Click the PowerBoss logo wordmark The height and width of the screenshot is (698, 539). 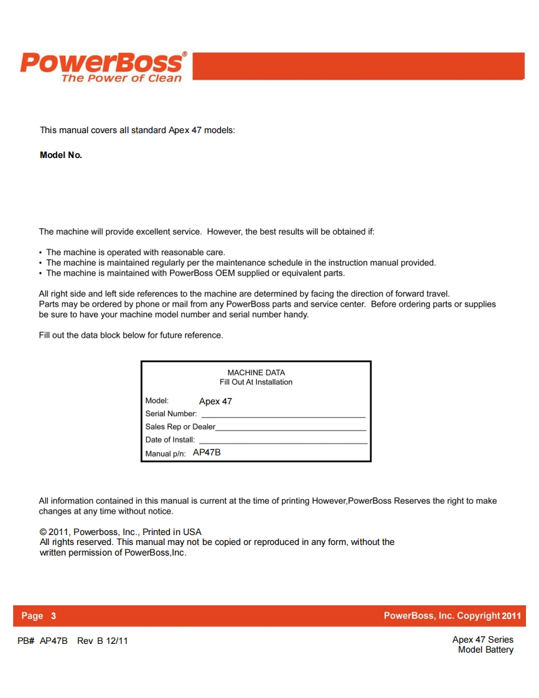pyautogui.click(x=102, y=63)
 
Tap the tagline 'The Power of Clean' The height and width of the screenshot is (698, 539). pyautogui.click(x=121, y=78)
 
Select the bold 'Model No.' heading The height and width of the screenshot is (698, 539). pyautogui.click(x=61, y=155)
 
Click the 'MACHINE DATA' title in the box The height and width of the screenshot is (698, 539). pyautogui.click(x=256, y=373)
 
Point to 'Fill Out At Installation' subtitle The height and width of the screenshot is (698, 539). pyautogui.click(x=256, y=382)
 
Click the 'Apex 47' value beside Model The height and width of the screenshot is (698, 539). pyautogui.click(x=215, y=401)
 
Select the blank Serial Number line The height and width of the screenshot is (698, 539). pyautogui.click(x=283, y=415)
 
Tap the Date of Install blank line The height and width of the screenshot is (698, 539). pyautogui.click(x=283, y=441)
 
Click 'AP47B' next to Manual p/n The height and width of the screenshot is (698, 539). pyautogui.click(x=207, y=453)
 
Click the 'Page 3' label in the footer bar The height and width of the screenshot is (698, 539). pyautogui.click(x=39, y=616)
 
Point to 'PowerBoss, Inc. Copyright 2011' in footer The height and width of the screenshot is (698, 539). pyautogui.click(x=452, y=616)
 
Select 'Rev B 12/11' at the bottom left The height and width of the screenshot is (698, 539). pyautogui.click(x=103, y=641)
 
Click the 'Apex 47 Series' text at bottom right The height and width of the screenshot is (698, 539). pyautogui.click(x=482, y=640)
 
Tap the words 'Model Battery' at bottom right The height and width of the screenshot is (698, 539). pyautogui.click(x=485, y=650)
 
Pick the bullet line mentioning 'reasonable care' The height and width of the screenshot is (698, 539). pyautogui.click(x=135, y=253)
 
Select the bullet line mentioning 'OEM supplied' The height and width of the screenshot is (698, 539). pyautogui.click(x=195, y=273)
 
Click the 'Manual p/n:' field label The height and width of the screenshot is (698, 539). pyautogui.click(x=166, y=454)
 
